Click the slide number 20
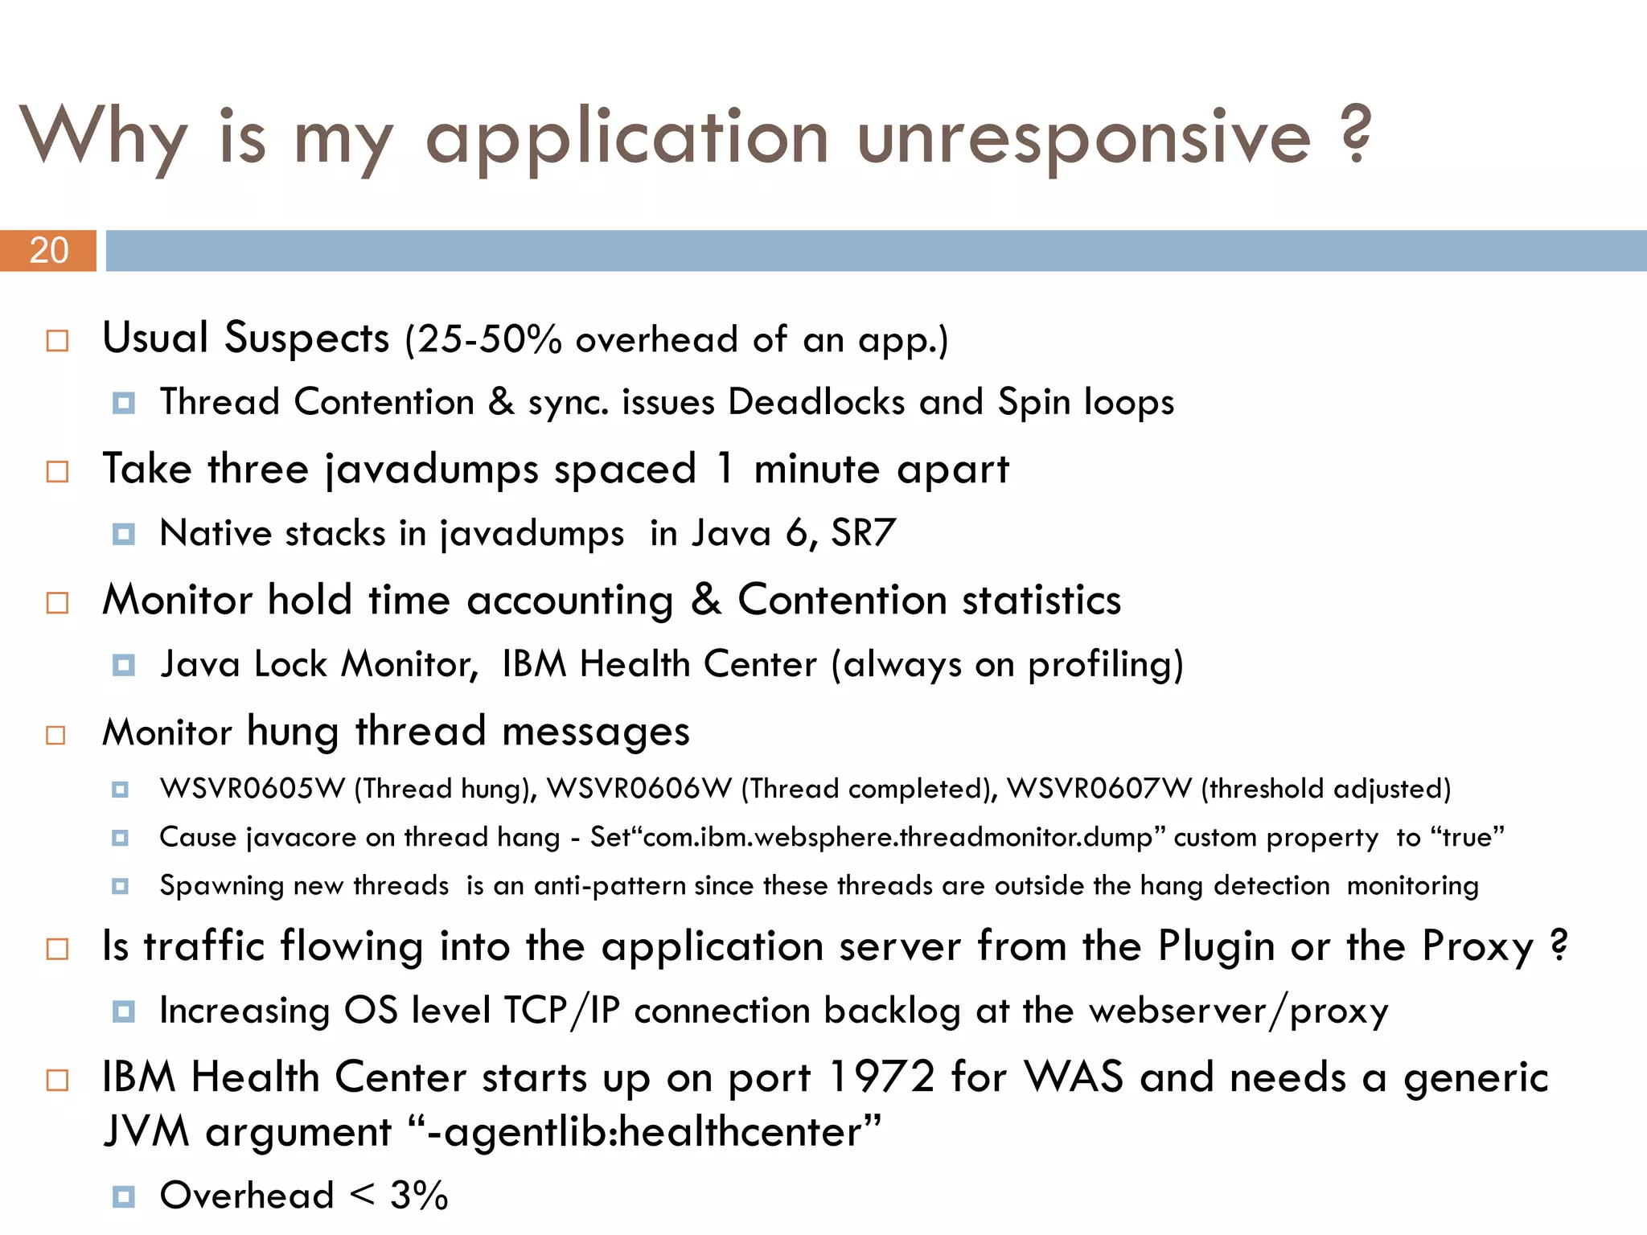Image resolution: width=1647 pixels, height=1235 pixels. (49, 251)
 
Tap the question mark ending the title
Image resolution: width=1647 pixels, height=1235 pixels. (1357, 134)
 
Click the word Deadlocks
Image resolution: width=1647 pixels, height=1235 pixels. (815, 402)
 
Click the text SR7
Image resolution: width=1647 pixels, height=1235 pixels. (863, 533)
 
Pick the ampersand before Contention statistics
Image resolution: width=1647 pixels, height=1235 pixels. (706, 600)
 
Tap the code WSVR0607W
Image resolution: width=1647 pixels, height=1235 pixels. (1099, 789)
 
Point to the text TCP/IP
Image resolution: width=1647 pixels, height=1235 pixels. (561, 1011)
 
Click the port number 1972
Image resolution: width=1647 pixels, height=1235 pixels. (881, 1077)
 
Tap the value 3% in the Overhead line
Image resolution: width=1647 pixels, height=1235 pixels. (419, 1196)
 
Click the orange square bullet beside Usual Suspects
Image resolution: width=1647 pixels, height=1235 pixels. (57, 341)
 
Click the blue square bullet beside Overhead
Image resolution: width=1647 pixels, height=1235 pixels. (123, 1196)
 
